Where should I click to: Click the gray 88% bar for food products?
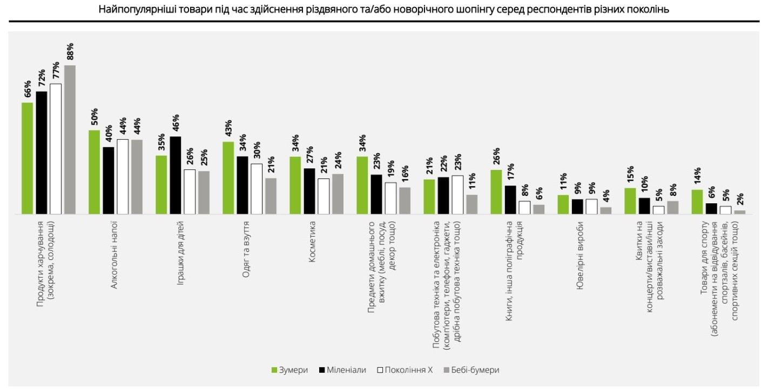[x=70, y=140]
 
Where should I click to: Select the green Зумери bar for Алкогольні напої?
[x=94, y=172]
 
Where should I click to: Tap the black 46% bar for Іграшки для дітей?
[x=175, y=175]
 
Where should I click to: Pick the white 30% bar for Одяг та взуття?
[x=256, y=189]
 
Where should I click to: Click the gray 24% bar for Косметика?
[x=338, y=194]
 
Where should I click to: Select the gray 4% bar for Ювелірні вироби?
[x=606, y=210]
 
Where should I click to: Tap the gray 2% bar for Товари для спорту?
[x=740, y=212]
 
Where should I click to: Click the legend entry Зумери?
[x=289, y=370]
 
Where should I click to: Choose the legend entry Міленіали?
[x=342, y=370]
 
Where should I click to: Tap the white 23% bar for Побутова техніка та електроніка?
[x=457, y=195]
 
